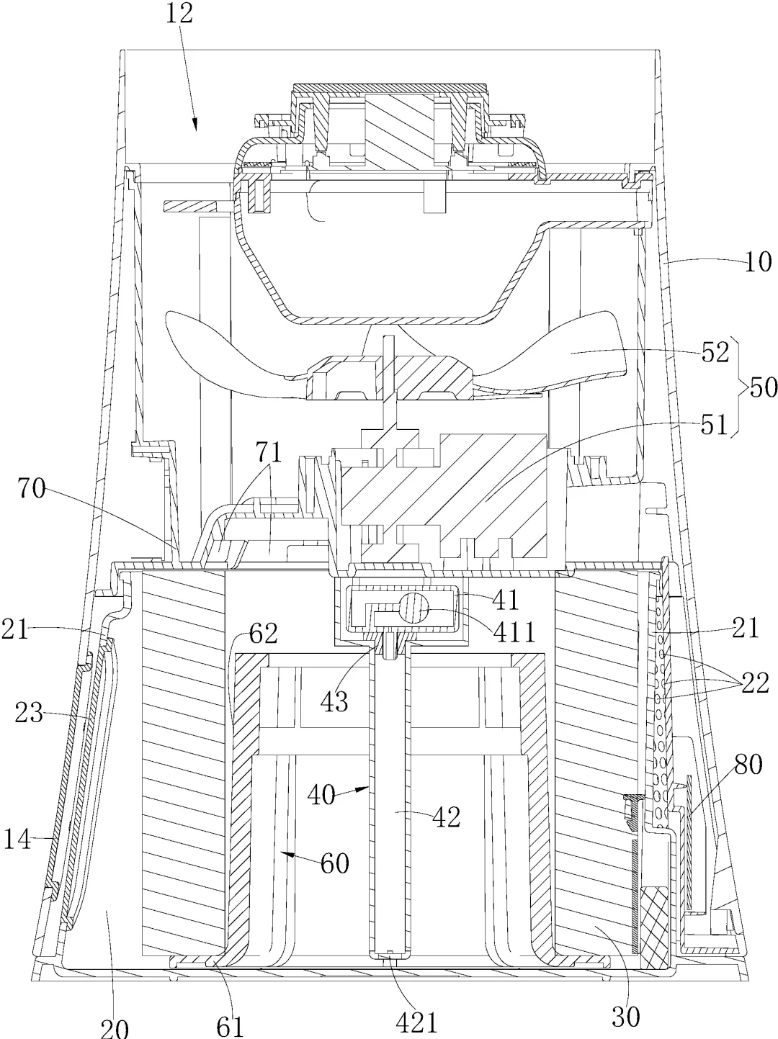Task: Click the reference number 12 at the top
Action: (179, 14)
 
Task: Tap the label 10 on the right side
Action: (757, 261)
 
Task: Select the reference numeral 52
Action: (715, 353)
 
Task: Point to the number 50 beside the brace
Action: (762, 388)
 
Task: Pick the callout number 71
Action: (269, 452)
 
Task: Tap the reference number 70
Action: (32, 488)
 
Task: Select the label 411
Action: (516, 631)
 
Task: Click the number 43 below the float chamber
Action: (334, 701)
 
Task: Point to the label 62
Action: (263, 634)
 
